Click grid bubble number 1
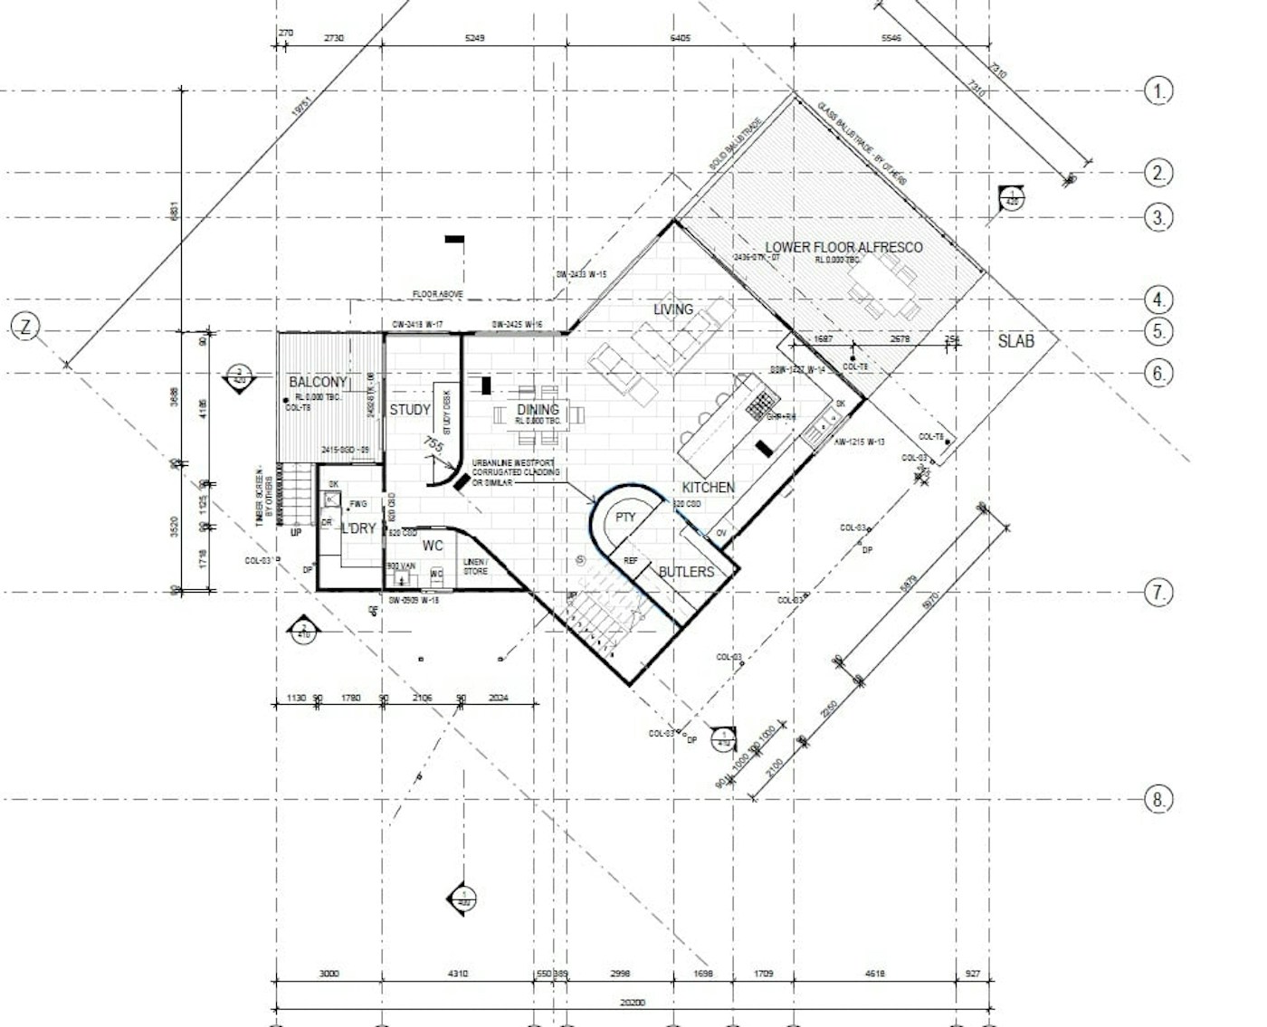1158,90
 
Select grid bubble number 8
1158,799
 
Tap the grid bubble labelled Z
25,328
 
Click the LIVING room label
673,309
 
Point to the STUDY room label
410,410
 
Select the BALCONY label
318,383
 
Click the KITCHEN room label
709,488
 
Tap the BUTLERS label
686,572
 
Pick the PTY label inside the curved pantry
625,518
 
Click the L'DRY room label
358,528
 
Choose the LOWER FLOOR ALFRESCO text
843,247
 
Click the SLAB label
1015,341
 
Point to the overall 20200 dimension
633,1003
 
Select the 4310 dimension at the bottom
458,975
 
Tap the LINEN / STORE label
476,566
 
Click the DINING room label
538,410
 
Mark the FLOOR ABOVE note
438,294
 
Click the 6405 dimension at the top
680,38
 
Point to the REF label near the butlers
631,561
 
